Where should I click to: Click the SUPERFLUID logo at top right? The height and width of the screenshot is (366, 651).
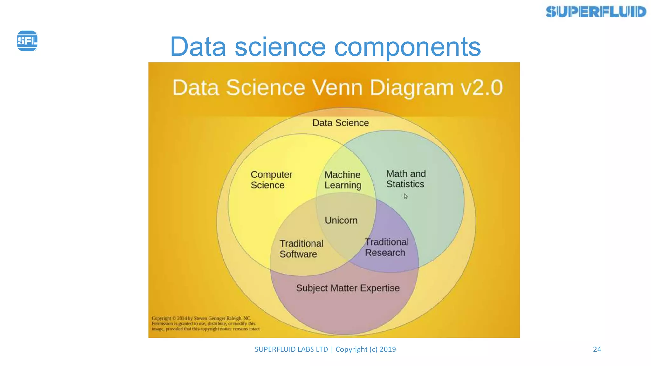596,12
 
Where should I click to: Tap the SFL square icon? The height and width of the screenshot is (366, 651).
27,41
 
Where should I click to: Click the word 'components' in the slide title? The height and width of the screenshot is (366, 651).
407,47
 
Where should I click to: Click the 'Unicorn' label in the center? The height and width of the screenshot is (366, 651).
341,220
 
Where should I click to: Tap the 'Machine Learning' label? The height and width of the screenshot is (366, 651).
343,180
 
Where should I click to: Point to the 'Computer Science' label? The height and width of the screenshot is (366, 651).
271,180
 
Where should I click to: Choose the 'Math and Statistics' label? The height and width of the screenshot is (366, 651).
406,179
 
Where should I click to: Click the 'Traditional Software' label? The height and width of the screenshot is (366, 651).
301,249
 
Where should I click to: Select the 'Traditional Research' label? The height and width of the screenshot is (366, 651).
386,247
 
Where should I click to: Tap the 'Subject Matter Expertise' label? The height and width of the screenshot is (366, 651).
348,288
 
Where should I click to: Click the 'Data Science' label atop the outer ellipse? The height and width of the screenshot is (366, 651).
340,123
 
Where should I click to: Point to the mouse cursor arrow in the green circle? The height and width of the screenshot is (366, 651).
406,196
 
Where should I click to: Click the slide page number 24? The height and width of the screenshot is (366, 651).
597,349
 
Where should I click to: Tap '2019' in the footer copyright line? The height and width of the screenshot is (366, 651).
388,349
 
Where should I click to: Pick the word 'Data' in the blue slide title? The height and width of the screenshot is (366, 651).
198,47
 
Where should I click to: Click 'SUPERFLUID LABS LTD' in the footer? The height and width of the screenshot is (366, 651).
291,349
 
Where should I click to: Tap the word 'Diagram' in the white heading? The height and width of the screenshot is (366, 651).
412,87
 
